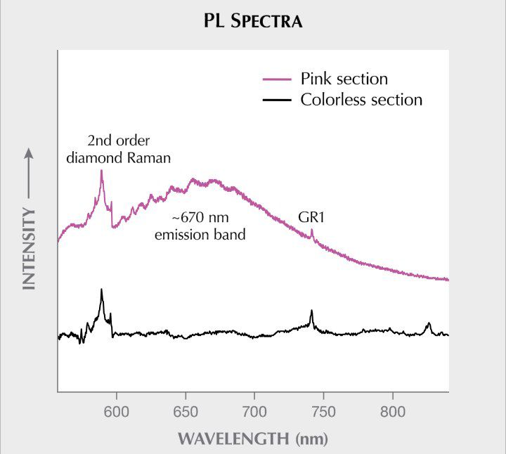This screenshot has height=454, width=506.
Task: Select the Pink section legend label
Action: click(x=344, y=78)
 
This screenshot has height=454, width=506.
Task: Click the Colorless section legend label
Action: click(x=361, y=100)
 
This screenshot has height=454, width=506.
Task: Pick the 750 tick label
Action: click(x=323, y=411)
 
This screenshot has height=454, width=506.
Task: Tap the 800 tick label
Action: click(x=392, y=411)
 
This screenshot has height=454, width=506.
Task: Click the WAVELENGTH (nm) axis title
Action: click(x=252, y=439)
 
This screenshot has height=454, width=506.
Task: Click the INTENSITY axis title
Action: click(x=29, y=248)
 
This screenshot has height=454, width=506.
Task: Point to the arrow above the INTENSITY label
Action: click(x=29, y=172)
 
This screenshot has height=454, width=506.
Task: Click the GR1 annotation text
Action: click(x=311, y=219)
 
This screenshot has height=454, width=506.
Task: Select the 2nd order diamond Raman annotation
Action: click(x=118, y=148)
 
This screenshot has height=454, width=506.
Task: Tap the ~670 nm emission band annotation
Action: click(x=200, y=226)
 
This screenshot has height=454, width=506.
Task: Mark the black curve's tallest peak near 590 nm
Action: click(x=102, y=290)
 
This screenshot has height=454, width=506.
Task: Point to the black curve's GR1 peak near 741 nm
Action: click(x=311, y=311)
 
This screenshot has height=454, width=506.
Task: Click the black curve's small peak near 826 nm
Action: click(x=428, y=323)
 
